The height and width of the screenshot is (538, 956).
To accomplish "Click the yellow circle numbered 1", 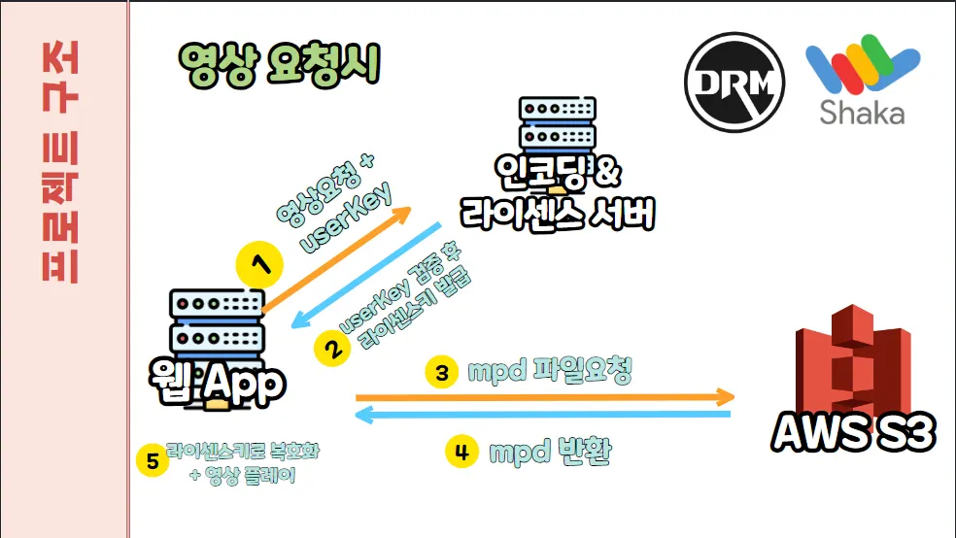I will [259, 262].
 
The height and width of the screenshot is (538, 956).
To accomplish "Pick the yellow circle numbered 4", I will [461, 451].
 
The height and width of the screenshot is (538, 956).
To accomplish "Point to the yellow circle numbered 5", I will [152, 461].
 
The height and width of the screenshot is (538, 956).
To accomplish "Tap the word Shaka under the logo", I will [862, 113].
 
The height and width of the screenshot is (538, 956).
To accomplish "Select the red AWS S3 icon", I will [852, 363].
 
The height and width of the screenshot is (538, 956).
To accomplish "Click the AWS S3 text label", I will [854, 432].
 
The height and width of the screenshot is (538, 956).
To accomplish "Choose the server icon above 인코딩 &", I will [558, 121].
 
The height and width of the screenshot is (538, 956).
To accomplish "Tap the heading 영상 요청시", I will [278, 66].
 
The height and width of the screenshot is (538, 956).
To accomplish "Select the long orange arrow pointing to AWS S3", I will [544, 396].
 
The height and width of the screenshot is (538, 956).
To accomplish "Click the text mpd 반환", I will [549, 452].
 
